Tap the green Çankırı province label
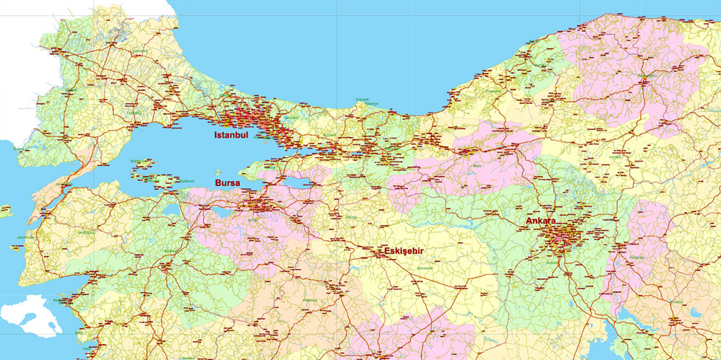[616, 155]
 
